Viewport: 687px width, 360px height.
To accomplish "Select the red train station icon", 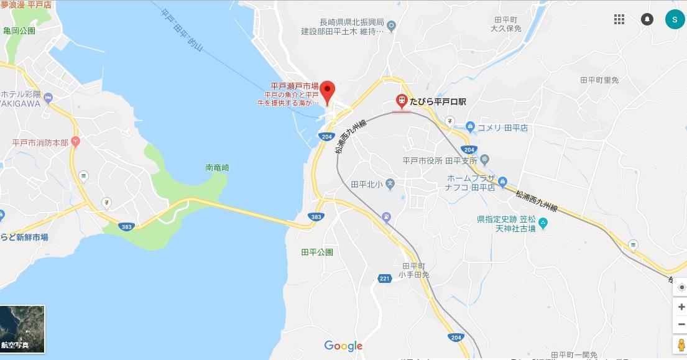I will click(x=402, y=100).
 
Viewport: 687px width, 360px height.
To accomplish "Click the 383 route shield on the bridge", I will click(x=316, y=216).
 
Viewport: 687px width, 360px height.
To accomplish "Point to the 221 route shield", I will click(x=385, y=278).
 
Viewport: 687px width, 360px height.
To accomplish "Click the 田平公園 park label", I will click(x=317, y=252).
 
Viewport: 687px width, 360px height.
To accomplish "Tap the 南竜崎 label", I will click(x=218, y=168).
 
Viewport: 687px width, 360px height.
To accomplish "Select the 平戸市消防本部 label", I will click(x=40, y=142).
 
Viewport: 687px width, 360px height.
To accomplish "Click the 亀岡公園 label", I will click(x=19, y=30).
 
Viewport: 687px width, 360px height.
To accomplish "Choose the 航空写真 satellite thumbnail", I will click(x=23, y=329).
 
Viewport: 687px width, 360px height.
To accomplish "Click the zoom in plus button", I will click(x=680, y=307).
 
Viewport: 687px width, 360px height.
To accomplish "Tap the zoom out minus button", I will click(x=680, y=324).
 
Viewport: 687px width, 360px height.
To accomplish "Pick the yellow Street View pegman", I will click(x=680, y=346).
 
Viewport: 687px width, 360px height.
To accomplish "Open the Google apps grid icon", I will click(x=619, y=19).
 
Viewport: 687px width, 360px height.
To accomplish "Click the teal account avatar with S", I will click(x=674, y=19).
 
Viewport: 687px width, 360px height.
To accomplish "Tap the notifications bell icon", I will click(x=647, y=19).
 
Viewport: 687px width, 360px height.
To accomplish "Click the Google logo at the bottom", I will click(x=343, y=346).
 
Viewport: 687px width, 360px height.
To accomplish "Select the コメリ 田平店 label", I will click(x=502, y=127).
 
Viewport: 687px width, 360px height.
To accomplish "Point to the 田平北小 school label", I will click(x=366, y=184).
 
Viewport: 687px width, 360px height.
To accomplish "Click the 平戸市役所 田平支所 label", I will click(x=440, y=161).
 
